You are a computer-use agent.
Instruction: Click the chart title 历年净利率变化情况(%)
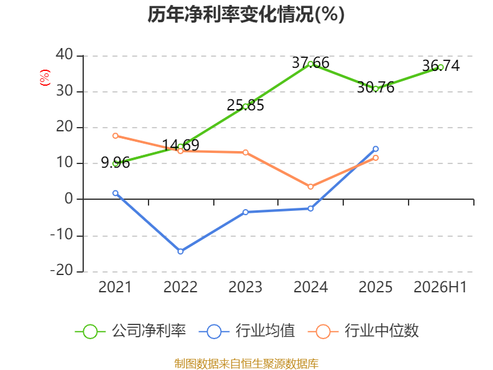pyautogui.click(x=246, y=14)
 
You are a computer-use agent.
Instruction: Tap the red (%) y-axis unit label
pyautogui.click(x=44, y=78)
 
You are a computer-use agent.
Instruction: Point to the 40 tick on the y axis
pyautogui.click(x=65, y=54)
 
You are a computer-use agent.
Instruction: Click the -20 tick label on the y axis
pyautogui.click(x=62, y=270)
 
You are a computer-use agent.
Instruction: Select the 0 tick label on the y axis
pyautogui.click(x=69, y=199)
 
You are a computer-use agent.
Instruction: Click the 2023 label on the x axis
pyautogui.click(x=245, y=287)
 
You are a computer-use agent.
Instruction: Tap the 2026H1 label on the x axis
pyautogui.click(x=440, y=287)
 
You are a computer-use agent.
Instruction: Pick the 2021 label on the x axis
pyautogui.click(x=115, y=287)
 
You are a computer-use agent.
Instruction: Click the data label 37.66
pyautogui.click(x=311, y=63)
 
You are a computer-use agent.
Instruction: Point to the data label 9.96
pyautogui.click(x=115, y=163)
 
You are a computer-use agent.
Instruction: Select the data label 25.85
pyautogui.click(x=245, y=105)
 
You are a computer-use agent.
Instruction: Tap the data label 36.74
pyautogui.click(x=441, y=65)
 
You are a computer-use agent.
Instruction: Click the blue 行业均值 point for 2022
pyautogui.click(x=181, y=252)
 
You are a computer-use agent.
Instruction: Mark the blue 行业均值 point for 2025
pyautogui.click(x=376, y=149)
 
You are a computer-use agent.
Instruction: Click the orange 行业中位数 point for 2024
pyautogui.click(x=311, y=187)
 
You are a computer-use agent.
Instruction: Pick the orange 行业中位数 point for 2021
pyautogui.click(x=115, y=136)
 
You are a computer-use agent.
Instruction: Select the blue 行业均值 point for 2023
pyautogui.click(x=245, y=212)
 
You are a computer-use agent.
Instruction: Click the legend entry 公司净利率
pyautogui.click(x=130, y=331)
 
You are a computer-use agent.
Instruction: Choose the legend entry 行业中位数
pyautogui.click(x=364, y=331)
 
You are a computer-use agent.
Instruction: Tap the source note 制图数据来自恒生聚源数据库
pyautogui.click(x=246, y=364)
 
